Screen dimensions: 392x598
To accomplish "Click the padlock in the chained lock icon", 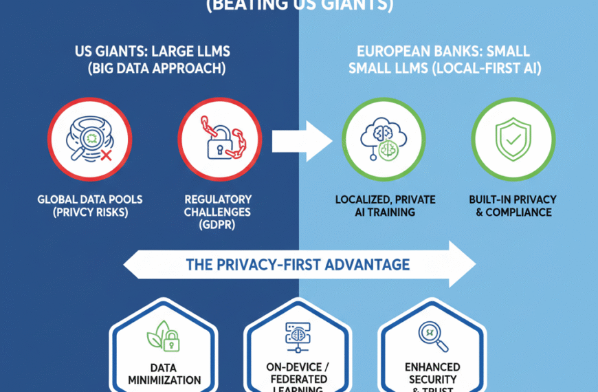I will pyautogui.click(x=215, y=146).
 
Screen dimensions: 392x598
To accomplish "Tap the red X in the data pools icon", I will pyautogui.click(x=105, y=156).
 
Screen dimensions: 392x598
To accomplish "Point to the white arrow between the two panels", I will pyautogui.click(x=302, y=140).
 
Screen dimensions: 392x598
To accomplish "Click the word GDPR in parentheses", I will pyautogui.click(x=217, y=224).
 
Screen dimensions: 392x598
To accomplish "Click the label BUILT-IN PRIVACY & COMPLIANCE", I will pyautogui.click(x=513, y=206).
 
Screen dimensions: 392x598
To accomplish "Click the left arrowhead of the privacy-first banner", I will pyautogui.click(x=133, y=264).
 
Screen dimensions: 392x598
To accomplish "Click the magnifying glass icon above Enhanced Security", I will pyautogui.click(x=433, y=335).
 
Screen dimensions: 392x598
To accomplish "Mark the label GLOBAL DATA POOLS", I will pyautogui.click(x=90, y=199).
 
